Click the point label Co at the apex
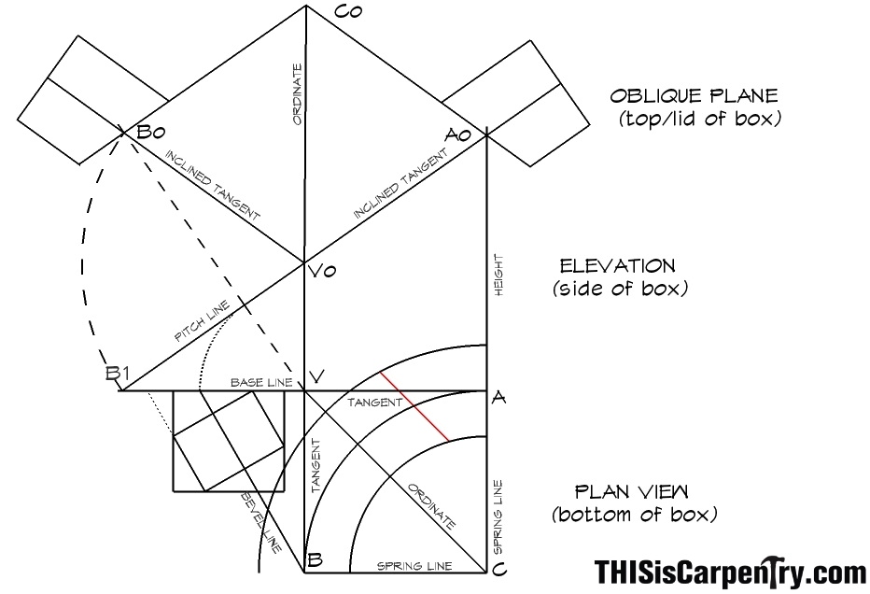(349, 12)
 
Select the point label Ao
(457, 134)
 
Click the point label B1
(118, 374)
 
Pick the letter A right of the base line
(498, 398)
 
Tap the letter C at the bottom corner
(498, 570)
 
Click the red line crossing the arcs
(414, 407)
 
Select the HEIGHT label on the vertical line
(498, 275)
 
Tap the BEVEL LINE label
(260, 522)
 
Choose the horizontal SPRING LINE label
(414, 566)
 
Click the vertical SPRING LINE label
(498, 517)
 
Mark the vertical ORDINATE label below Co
(298, 94)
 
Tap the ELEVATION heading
(618, 266)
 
